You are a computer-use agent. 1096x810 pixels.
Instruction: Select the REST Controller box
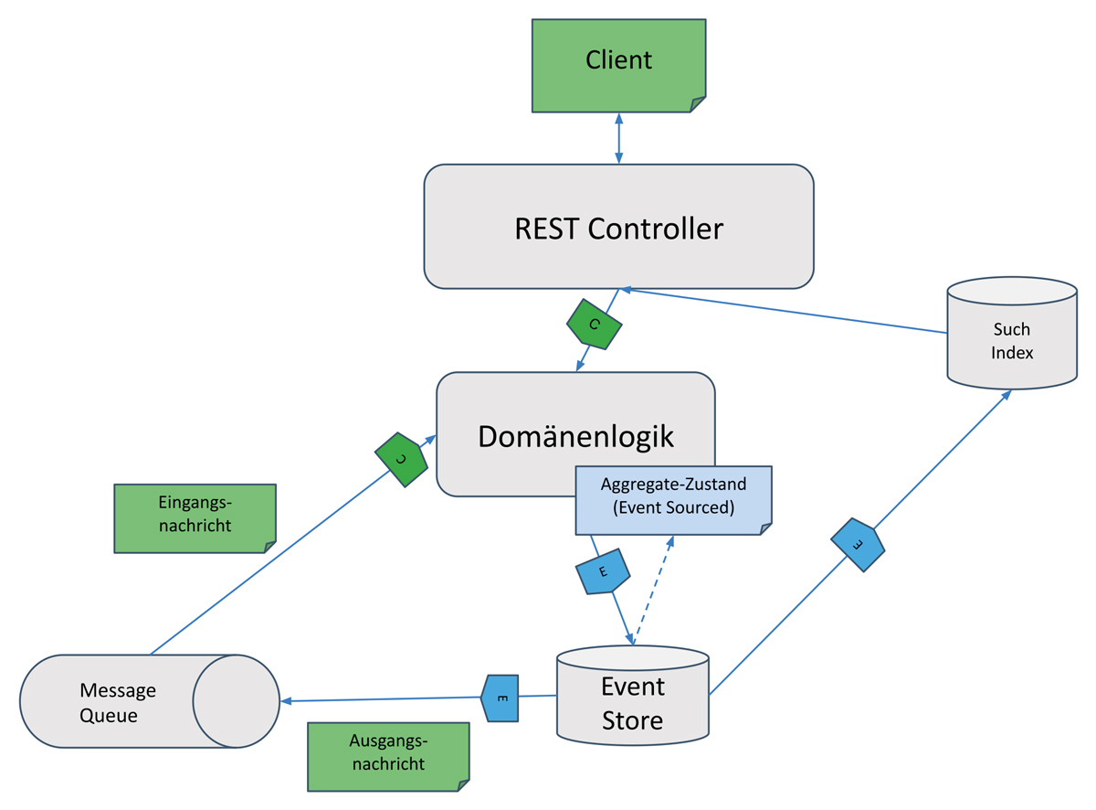[x=618, y=227]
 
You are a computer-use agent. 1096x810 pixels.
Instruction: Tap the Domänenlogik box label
[x=575, y=436]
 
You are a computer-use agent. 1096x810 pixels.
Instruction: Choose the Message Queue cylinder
[x=119, y=702]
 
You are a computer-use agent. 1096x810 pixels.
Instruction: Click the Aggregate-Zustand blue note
[x=673, y=498]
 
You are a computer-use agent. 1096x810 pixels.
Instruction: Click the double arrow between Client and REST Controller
[x=619, y=139]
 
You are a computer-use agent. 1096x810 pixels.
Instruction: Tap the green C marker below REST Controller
[x=595, y=325]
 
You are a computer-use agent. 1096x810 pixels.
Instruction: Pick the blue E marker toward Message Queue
[x=501, y=698]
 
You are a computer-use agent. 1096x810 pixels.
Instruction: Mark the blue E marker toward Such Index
[x=858, y=545]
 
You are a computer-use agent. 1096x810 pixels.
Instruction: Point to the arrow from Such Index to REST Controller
[x=785, y=311]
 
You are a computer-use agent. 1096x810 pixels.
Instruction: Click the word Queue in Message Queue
[x=109, y=715]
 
